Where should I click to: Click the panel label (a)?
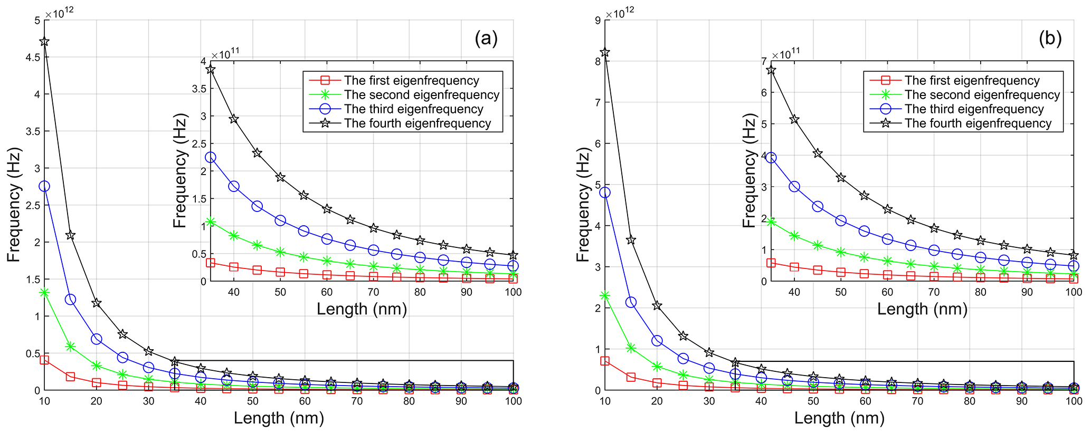click(x=486, y=39)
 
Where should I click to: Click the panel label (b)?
click(x=1050, y=39)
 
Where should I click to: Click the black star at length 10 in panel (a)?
click(x=44, y=42)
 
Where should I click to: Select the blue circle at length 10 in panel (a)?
click(x=44, y=186)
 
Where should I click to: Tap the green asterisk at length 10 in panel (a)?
click(x=44, y=292)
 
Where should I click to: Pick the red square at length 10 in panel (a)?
click(x=44, y=360)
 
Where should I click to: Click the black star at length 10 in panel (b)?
click(x=605, y=52)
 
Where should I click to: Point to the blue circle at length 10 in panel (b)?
click(x=605, y=193)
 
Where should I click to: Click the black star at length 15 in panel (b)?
click(x=631, y=240)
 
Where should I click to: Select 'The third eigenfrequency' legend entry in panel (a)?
click(x=413, y=109)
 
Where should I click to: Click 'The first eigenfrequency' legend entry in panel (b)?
click(x=972, y=81)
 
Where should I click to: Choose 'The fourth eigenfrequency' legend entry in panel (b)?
click(x=978, y=123)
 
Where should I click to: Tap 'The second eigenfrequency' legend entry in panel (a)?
click(x=421, y=95)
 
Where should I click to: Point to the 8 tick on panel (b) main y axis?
click(x=596, y=61)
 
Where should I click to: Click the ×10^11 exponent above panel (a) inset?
click(x=225, y=55)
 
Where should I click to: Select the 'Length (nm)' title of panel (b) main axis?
click(x=839, y=418)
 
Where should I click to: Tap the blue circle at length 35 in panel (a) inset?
click(x=210, y=157)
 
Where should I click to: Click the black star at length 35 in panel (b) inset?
click(x=771, y=70)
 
